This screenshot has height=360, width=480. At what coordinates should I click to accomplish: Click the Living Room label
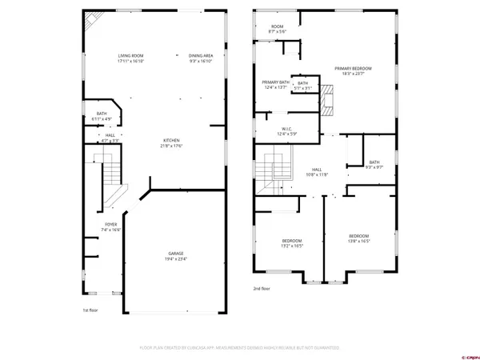[130, 58]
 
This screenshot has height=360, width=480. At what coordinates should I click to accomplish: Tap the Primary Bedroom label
[359, 71]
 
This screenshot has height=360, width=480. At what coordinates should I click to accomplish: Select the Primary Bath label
[274, 85]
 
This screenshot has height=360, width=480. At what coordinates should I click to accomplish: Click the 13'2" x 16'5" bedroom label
[291, 242]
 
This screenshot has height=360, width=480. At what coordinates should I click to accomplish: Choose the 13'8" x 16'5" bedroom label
[358, 238]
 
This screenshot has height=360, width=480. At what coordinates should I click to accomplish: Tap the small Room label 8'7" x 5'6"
[277, 28]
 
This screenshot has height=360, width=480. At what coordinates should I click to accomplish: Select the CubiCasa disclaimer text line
[240, 349]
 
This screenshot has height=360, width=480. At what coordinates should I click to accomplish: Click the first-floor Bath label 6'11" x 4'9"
[102, 116]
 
